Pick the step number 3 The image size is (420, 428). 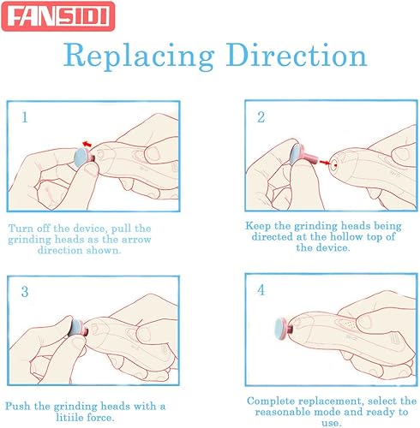pyautogui.click(x=25, y=292)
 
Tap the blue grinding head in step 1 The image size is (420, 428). pyautogui.click(x=81, y=156)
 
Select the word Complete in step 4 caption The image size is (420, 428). pyautogui.click(x=273, y=399)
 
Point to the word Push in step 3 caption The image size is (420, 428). pyautogui.click(x=18, y=406)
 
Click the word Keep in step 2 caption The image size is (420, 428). pyautogui.click(x=261, y=223)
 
